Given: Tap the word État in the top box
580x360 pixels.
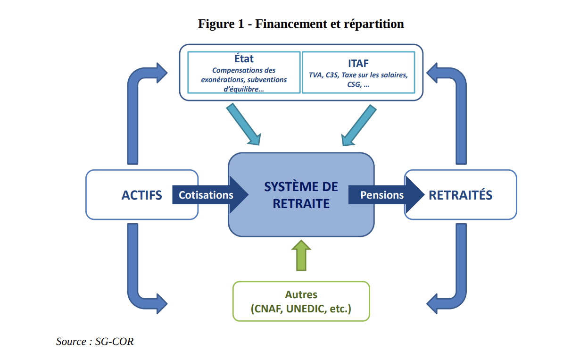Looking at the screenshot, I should (x=244, y=59).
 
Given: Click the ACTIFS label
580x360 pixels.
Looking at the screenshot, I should (x=141, y=195).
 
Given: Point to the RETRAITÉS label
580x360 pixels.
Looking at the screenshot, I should (x=460, y=195).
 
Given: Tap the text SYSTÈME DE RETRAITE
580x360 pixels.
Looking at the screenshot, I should (x=301, y=195).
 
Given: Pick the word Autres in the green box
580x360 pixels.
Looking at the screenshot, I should (x=301, y=295).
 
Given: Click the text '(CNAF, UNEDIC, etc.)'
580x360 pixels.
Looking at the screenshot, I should (x=301, y=309).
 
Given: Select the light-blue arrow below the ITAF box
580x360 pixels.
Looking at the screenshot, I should (x=359, y=125).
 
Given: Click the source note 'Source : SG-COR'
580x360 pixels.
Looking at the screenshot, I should (x=95, y=342).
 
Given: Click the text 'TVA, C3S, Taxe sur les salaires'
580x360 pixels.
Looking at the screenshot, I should (x=358, y=75).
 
